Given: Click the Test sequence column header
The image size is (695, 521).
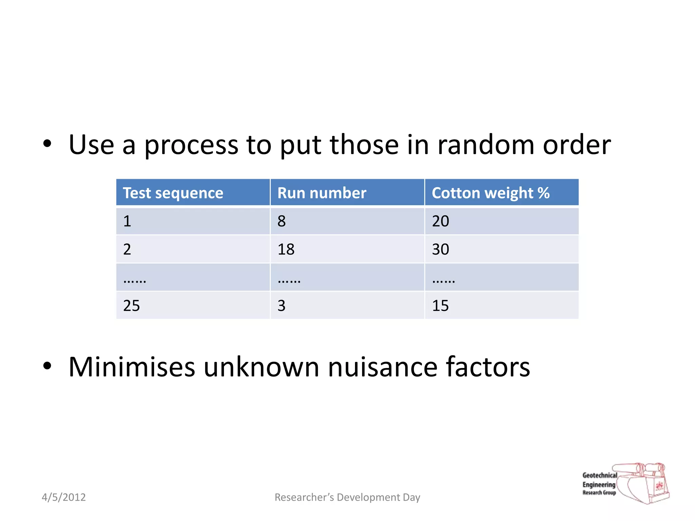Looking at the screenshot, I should (x=173, y=193).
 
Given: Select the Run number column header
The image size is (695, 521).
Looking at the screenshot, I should (x=322, y=193).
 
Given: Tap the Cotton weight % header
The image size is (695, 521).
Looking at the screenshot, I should (x=490, y=193).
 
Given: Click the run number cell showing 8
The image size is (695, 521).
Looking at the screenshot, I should (x=282, y=221).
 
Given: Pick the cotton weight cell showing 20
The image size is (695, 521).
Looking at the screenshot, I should (x=440, y=221).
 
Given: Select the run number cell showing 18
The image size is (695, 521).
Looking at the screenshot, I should (x=286, y=249).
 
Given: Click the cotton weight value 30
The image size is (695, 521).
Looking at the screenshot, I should (x=440, y=249).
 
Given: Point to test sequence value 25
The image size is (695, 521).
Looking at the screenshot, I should (x=131, y=306).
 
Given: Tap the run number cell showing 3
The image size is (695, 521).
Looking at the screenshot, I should (x=282, y=306).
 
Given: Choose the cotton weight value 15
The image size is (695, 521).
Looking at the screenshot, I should (x=440, y=306).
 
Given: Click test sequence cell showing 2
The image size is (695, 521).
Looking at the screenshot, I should (x=127, y=249).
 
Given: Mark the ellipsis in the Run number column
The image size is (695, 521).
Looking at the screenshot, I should (x=289, y=281).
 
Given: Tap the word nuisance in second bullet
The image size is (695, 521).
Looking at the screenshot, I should (x=382, y=367).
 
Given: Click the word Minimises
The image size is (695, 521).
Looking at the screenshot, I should (x=132, y=367).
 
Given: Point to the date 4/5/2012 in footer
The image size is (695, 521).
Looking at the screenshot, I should (x=63, y=497).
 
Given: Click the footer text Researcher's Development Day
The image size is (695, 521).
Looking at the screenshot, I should (x=347, y=497).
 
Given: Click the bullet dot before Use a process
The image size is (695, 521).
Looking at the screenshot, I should (x=47, y=144).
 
